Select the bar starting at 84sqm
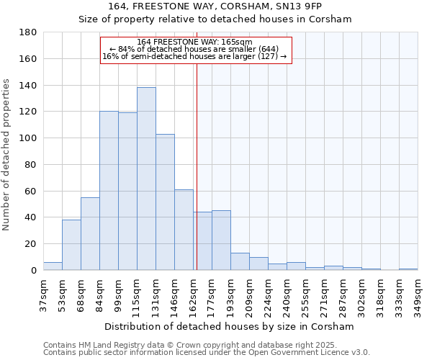pos(109,191)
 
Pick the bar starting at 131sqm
pos(165,202)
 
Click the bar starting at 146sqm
pos(184,230)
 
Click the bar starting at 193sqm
pos(240,261)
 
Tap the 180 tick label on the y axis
pos(29,32)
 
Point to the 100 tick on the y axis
pos(29,138)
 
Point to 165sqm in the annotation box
pos(237,42)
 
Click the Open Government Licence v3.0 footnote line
pos(207,352)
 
